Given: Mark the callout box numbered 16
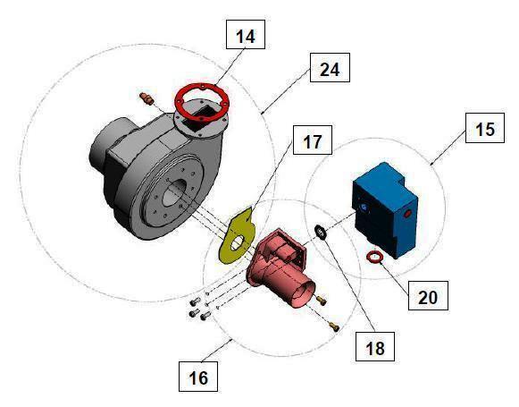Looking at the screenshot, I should [x=199, y=377].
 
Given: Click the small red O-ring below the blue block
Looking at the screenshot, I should [x=378, y=259].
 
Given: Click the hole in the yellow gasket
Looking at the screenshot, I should [x=237, y=242].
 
